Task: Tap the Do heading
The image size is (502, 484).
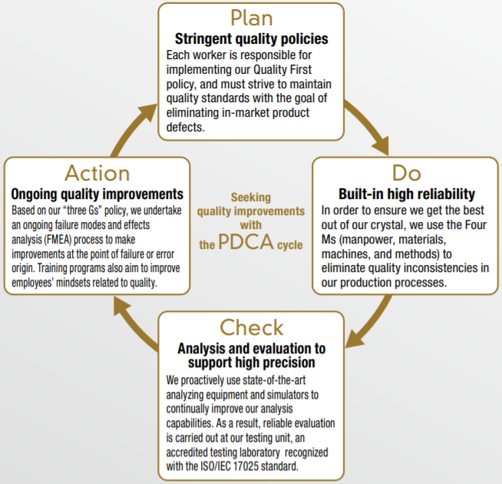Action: [406, 172]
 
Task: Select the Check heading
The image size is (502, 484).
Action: [252, 328]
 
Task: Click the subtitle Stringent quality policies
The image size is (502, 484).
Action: [252, 38]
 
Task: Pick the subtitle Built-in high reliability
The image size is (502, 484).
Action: [406, 194]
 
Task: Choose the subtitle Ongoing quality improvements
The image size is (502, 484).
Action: [97, 194]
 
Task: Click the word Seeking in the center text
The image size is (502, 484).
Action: [251, 197]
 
